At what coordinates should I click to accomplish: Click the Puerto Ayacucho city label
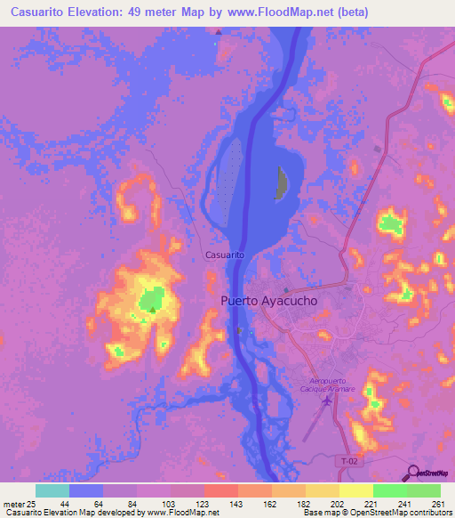(x=268, y=301)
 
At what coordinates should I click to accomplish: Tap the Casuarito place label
(x=225, y=255)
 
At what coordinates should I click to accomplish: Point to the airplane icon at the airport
(x=325, y=399)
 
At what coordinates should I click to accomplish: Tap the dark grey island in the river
(x=282, y=184)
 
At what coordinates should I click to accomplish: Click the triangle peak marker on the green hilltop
(x=153, y=310)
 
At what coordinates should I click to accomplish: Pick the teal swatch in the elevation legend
(x=52, y=490)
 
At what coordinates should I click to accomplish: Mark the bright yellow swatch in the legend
(x=356, y=490)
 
